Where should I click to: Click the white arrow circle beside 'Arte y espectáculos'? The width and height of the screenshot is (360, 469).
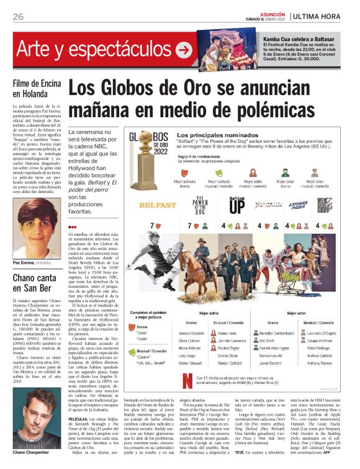tap(184, 49)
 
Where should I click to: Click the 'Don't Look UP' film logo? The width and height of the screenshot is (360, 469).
tap(236, 205)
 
